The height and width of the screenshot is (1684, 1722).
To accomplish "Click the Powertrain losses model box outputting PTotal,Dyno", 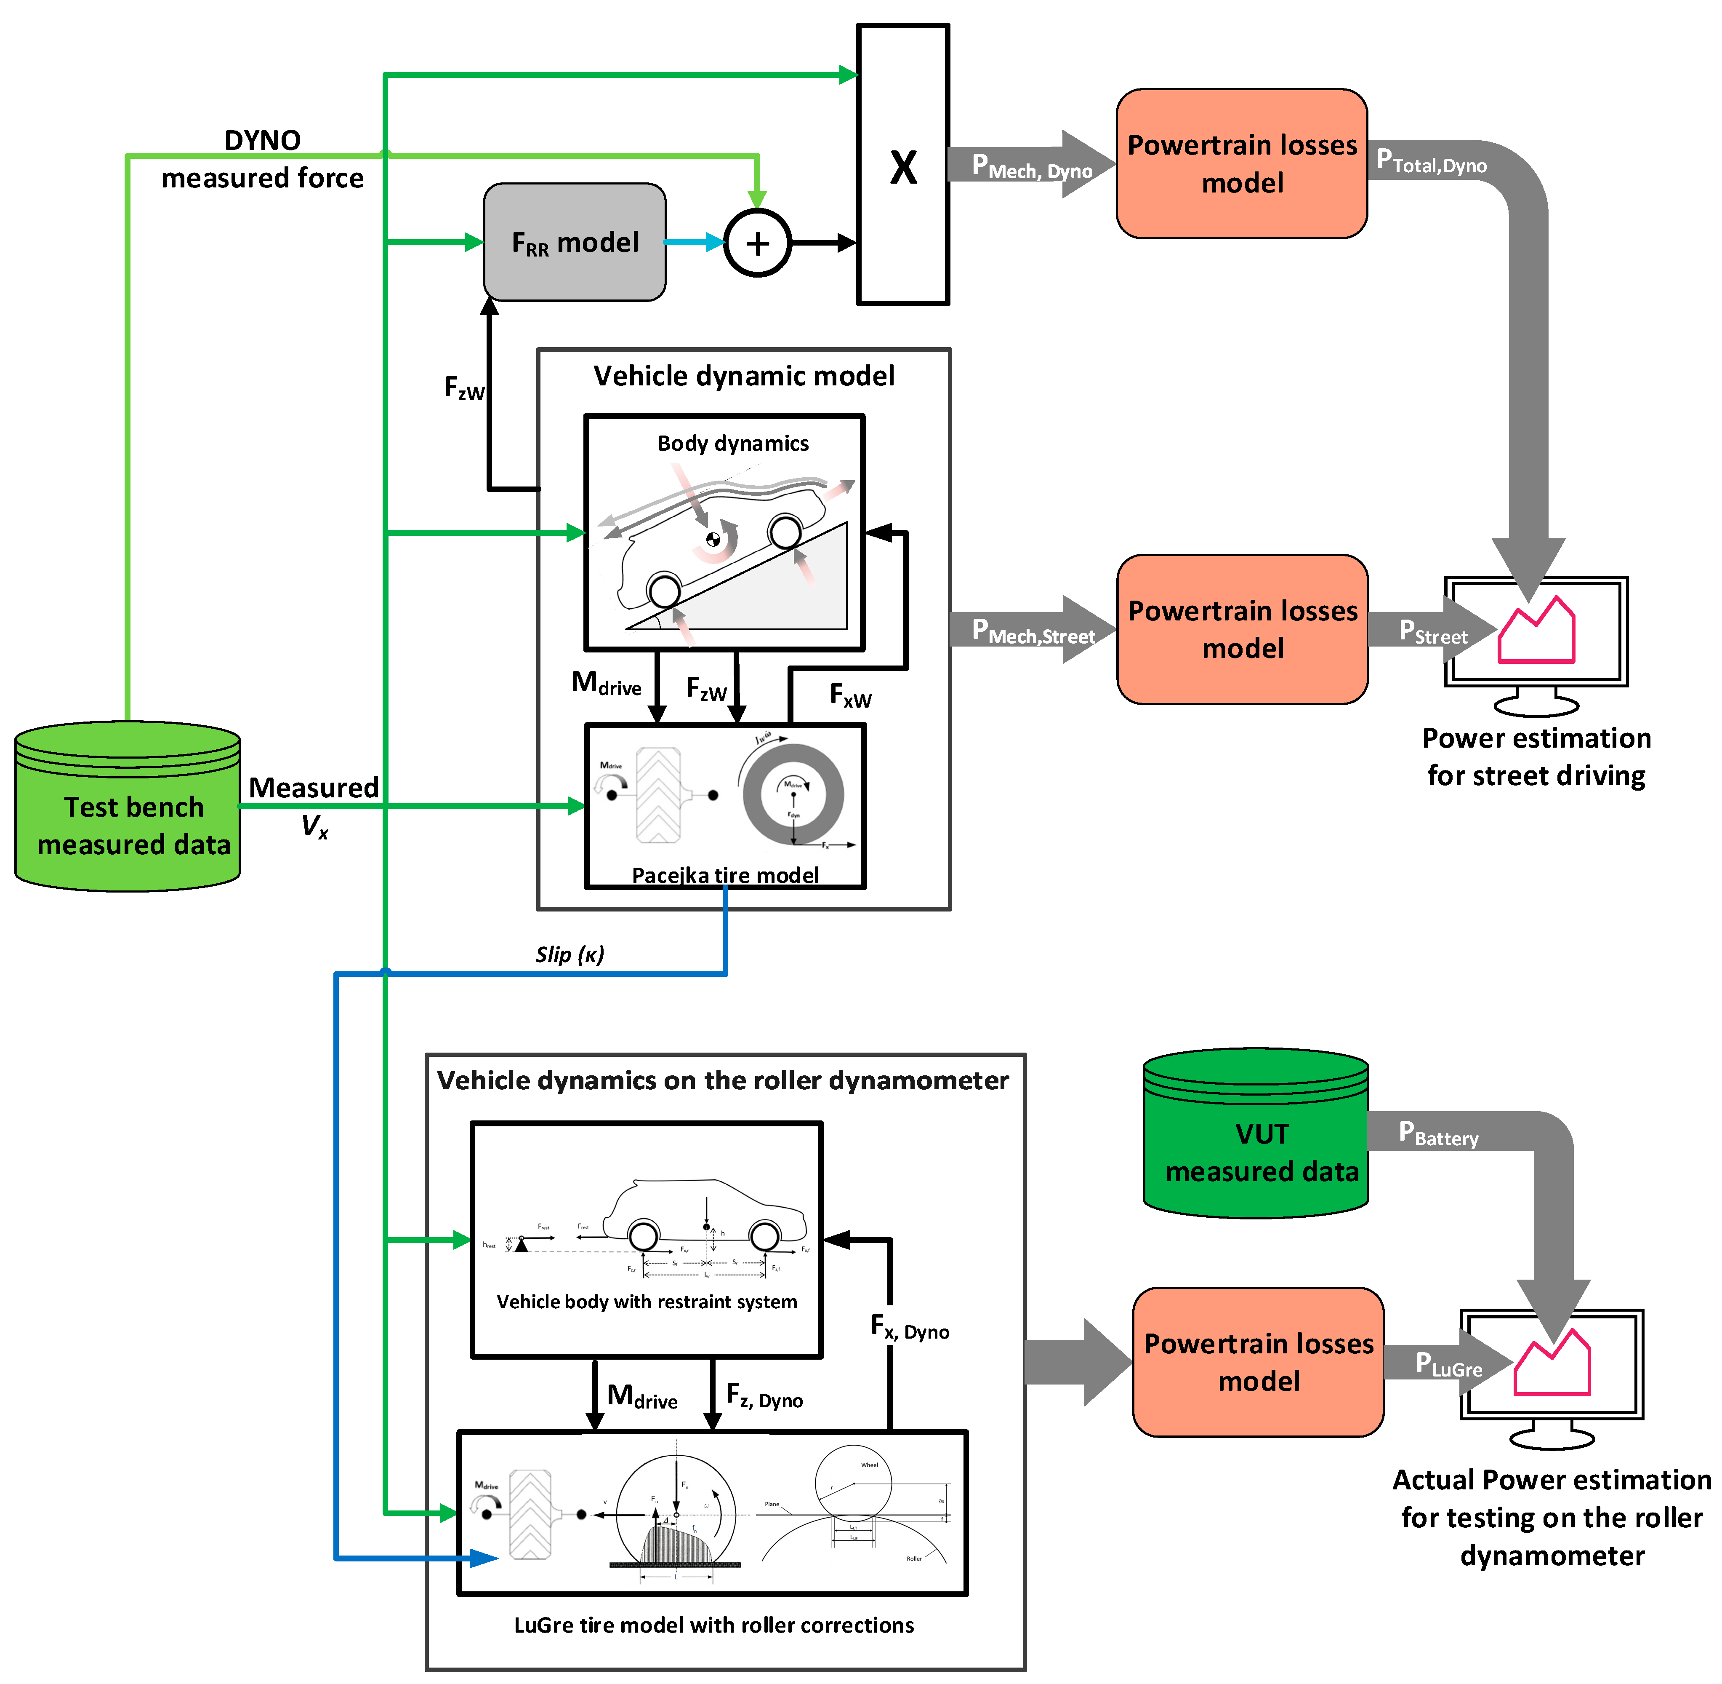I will pos(1242,163).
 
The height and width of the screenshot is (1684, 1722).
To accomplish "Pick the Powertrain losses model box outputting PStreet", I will pos(1242,630).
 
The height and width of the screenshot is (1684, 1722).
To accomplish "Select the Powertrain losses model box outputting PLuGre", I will pos(1258,1362).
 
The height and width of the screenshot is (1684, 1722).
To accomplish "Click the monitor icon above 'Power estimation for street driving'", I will pos(1536,641).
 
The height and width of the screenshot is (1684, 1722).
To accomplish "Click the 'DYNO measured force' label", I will pos(263,159).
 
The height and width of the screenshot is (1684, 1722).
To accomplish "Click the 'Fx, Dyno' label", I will pos(910,1327).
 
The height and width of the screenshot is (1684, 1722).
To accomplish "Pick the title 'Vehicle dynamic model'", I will pos(743,376).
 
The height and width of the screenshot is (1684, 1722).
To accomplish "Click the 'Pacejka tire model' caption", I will pos(725,875).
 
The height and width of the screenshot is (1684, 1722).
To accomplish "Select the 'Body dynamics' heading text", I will pos(733,443).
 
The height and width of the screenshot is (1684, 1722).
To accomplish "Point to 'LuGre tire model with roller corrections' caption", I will pos(714,1625).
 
